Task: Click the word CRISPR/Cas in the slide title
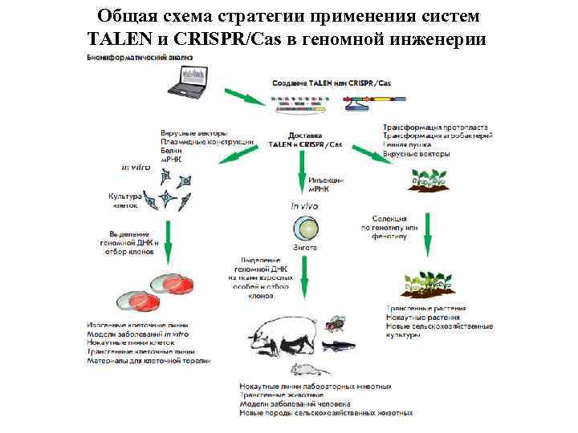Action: coord(241,38)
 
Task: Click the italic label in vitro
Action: coord(136,168)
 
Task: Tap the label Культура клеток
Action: coord(125,200)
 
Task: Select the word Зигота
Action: coord(304,249)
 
